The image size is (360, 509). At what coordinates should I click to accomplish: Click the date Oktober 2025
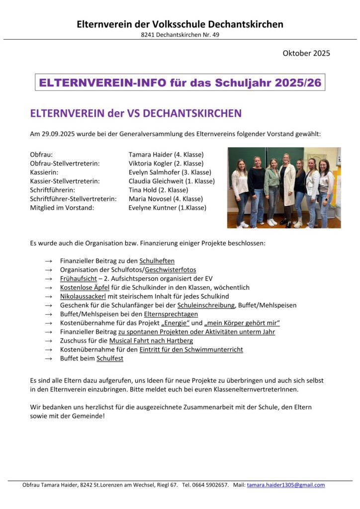pos(306,53)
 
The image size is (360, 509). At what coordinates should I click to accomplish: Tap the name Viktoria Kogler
pos(149,164)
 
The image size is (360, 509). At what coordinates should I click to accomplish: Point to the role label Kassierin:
pos(44,172)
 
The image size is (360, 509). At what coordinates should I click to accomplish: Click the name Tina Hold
pos(142,190)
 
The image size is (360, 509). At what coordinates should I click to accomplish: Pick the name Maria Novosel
pos(148,199)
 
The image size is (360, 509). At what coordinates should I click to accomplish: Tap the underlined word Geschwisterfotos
pos(171,269)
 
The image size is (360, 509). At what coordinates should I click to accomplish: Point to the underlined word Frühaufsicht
pos(78,278)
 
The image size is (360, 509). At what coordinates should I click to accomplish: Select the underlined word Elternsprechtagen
pos(171,314)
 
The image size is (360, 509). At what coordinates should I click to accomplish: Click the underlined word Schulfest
pos(110,358)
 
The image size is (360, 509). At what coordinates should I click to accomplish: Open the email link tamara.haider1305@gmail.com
pos(286,485)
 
